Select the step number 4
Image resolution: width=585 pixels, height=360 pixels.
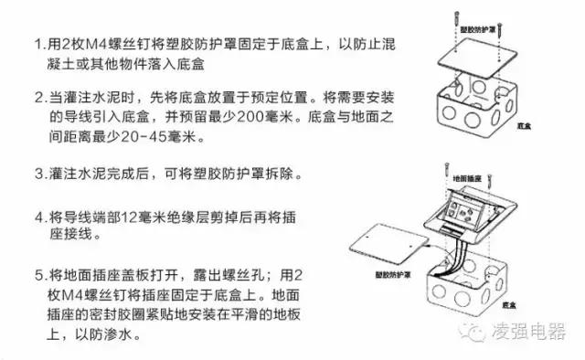coord(37,219)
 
